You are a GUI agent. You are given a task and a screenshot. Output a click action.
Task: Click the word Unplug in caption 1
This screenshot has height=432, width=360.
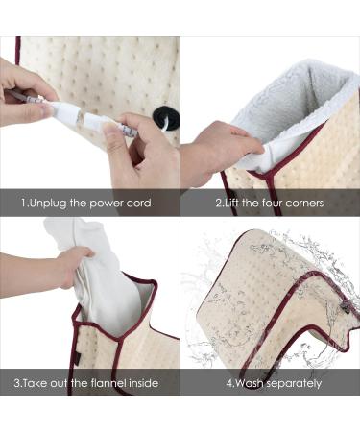[x=50, y=204]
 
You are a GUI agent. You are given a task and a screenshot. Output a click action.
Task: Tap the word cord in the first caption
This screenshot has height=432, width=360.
[x=136, y=204]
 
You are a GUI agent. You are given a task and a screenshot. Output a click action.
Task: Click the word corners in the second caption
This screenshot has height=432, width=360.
[x=302, y=204]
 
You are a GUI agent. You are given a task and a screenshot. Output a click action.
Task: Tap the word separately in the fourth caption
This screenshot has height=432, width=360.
[x=293, y=384]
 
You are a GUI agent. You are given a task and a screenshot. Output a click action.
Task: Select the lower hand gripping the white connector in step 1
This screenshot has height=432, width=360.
[x=139, y=154]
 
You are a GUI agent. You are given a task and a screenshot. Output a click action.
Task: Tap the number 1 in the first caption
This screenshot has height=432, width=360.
[x=24, y=204]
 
